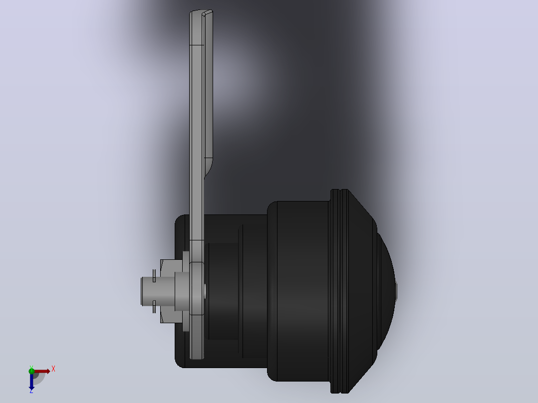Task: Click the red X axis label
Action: pos(53,369)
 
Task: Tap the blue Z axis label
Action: pos(31,391)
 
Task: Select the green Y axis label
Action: pos(31,367)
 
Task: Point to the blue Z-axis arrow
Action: pos(31,382)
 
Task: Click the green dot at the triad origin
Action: pos(31,371)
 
